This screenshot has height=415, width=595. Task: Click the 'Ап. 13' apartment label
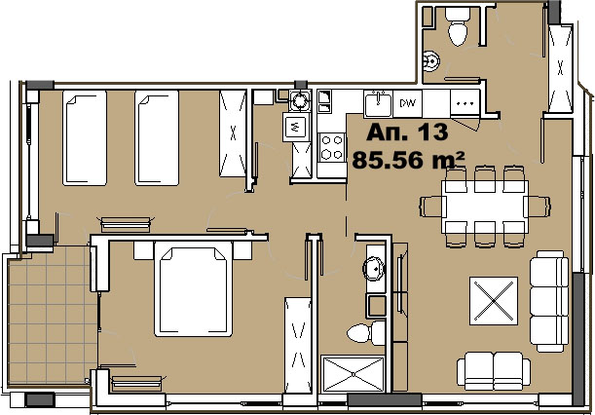tap(407, 132)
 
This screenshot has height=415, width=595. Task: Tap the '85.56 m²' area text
tap(408, 160)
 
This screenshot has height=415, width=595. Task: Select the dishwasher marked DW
tap(408, 103)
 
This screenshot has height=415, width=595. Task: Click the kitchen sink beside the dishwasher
tap(378, 104)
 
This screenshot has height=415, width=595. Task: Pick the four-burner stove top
tap(332, 147)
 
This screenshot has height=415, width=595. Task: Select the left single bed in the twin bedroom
tap(85, 137)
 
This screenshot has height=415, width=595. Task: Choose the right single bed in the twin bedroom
tap(157, 137)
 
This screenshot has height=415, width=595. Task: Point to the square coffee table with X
tap(494, 301)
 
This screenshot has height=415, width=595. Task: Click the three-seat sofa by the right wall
tap(549, 301)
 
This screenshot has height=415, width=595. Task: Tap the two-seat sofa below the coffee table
tap(494, 370)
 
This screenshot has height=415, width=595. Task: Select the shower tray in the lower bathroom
tap(353, 374)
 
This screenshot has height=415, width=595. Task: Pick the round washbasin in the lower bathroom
tap(374, 269)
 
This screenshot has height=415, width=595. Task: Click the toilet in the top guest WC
tap(458, 26)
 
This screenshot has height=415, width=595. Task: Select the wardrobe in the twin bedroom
tap(233, 133)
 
